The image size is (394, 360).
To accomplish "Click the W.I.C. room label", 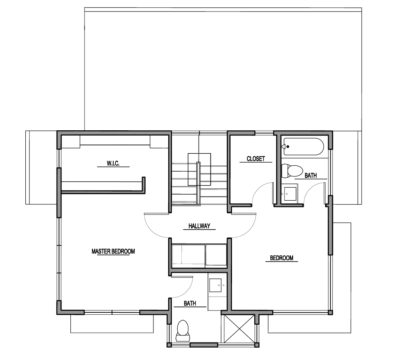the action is point(113,163).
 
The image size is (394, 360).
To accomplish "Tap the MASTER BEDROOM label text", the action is point(113,251).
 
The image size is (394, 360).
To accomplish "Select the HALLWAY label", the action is point(199,226).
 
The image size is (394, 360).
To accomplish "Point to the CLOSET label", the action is point(255,159).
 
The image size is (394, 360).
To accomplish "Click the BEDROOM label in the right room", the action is point(282,258).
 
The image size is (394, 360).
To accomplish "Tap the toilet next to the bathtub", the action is point(292,171).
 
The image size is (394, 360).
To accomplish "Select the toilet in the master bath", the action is point(183,331).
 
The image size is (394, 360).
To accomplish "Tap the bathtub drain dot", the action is point(288,146).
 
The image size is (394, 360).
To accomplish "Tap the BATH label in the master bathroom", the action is point(190,303).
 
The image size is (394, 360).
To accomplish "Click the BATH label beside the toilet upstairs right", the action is point(311,175).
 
